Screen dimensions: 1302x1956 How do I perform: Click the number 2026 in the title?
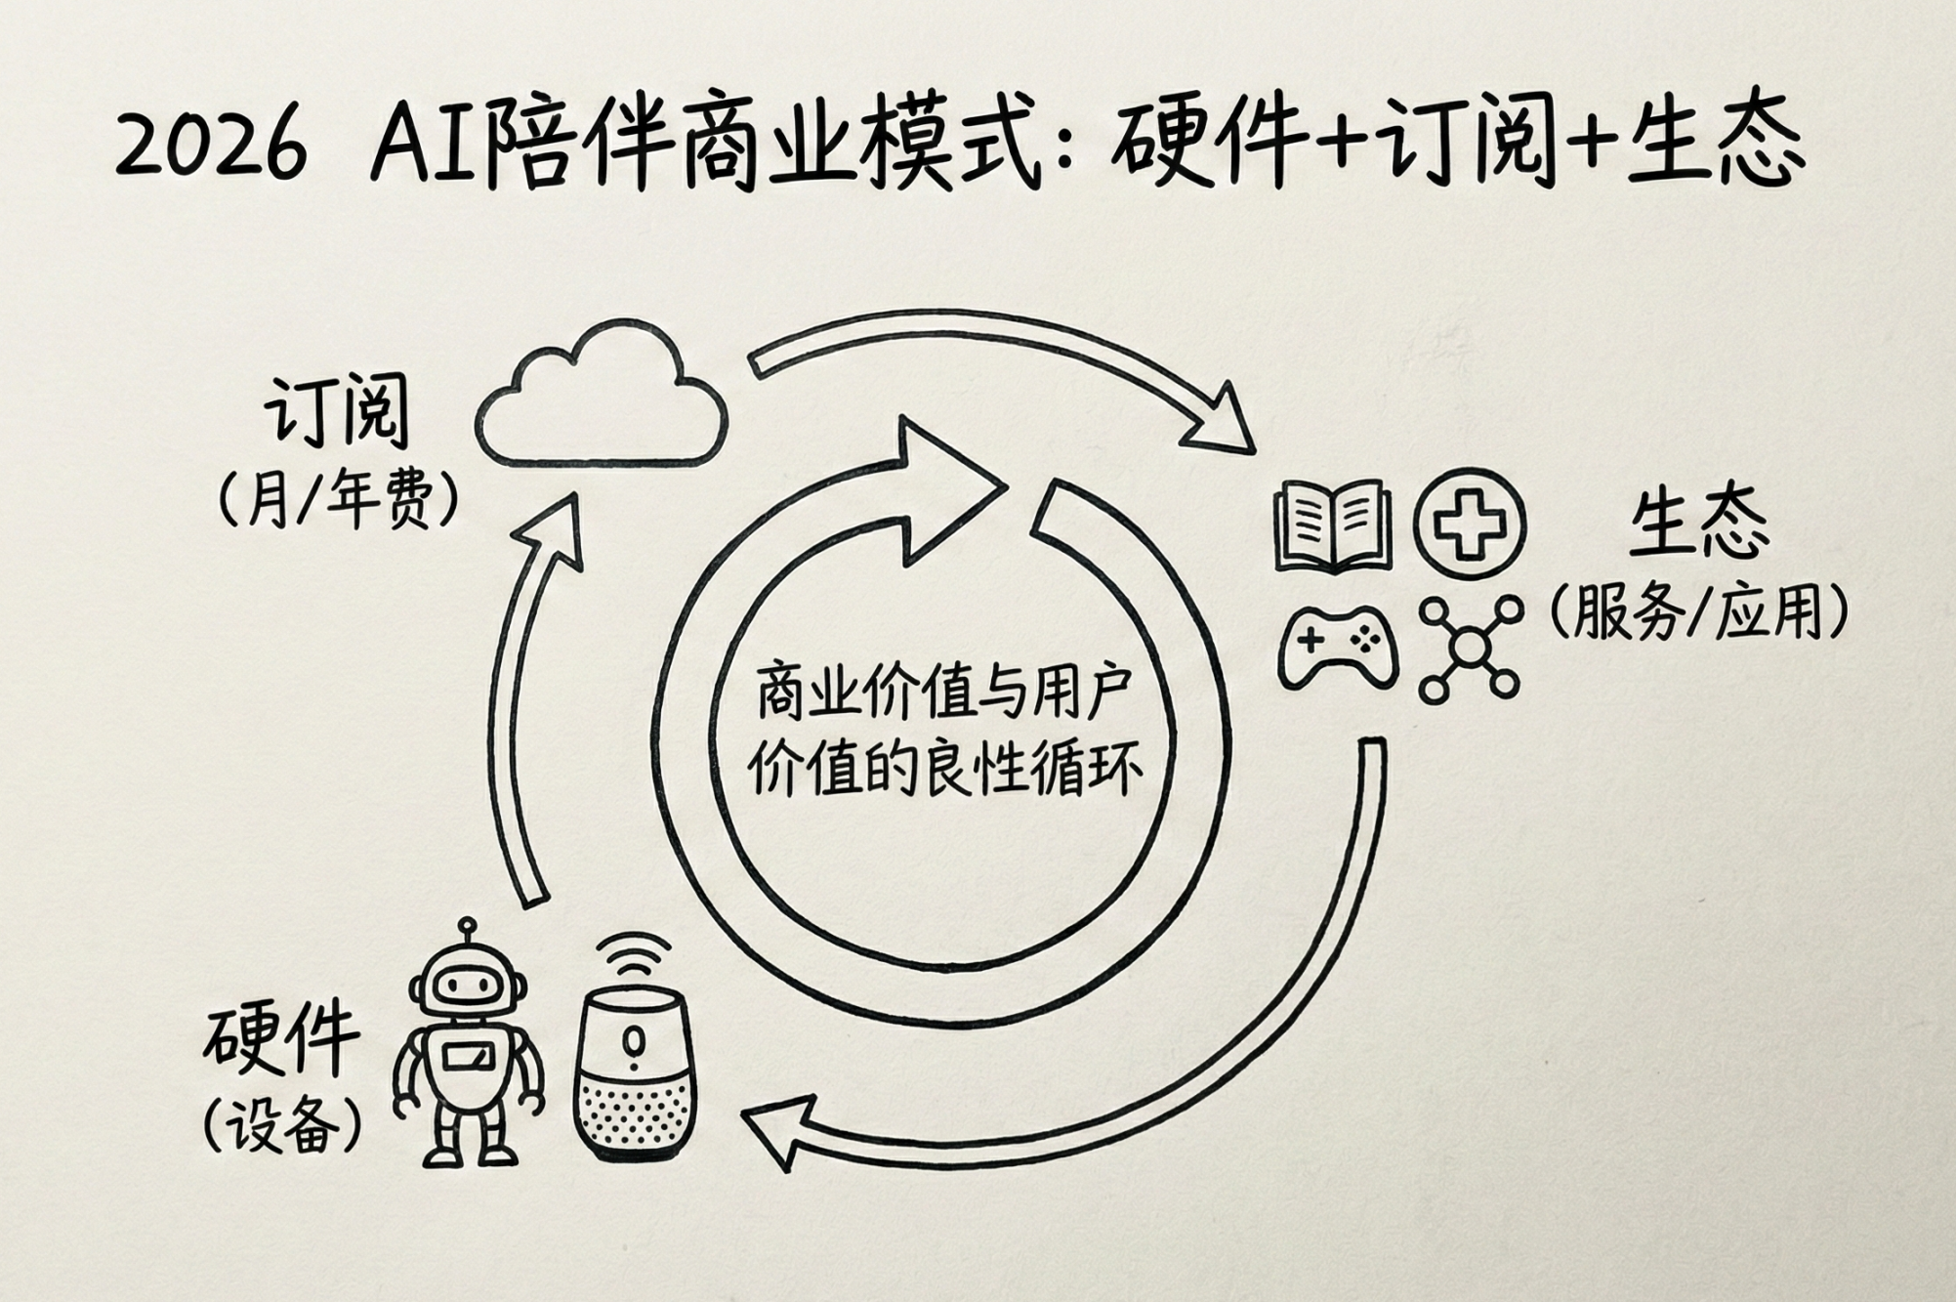point(211,147)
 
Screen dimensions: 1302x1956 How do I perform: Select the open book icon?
point(1333,525)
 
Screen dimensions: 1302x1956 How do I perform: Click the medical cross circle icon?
point(1470,524)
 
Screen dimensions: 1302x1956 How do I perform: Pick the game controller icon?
point(1337,647)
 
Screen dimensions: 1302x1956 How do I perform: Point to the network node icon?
point(1470,647)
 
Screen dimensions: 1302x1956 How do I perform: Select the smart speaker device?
point(635,1074)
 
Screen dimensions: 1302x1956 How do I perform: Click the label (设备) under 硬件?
point(283,1127)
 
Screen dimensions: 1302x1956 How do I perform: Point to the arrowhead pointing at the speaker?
point(776,1128)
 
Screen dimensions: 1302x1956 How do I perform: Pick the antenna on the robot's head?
point(469,928)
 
